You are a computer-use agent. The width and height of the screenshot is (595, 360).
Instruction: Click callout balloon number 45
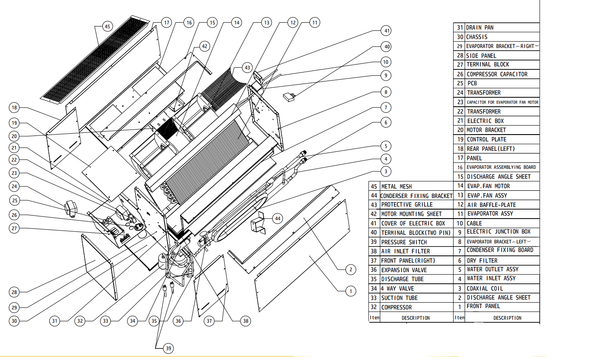click(107, 26)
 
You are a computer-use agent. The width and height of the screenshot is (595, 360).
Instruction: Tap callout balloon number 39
click(168, 348)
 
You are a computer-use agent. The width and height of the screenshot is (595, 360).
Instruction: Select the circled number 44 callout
click(278, 219)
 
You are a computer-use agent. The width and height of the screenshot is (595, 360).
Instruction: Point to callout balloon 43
click(247, 68)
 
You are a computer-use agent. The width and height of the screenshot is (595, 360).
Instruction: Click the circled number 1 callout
click(351, 291)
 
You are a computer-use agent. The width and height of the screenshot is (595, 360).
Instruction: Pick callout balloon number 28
click(14, 292)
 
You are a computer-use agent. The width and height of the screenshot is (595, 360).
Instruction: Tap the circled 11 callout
click(315, 23)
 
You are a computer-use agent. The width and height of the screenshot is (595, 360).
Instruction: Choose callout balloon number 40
click(386, 47)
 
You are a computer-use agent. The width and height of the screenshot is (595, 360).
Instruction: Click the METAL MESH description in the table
click(397, 186)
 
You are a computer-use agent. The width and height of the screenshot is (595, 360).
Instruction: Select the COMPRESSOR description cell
click(397, 307)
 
